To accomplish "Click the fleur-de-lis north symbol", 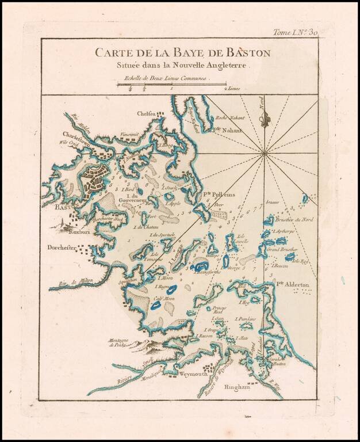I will [x=264, y=120].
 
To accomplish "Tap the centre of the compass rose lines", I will [x=264, y=153].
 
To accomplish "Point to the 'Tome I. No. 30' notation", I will [x=295, y=33].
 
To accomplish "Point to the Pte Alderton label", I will [x=292, y=285].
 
